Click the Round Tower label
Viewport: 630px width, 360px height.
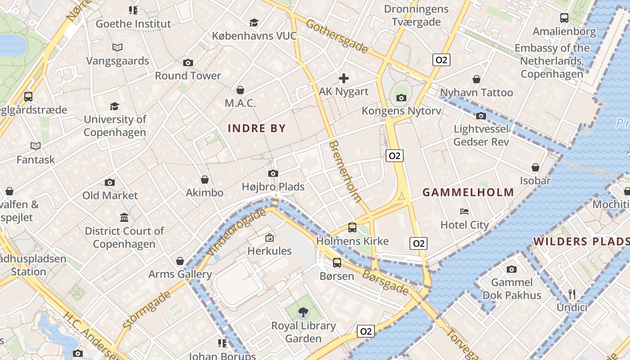pyautogui.click(x=188, y=76)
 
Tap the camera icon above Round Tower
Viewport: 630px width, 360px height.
pyautogui.click(x=188, y=63)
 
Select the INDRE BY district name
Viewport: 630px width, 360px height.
pyautogui.click(x=257, y=128)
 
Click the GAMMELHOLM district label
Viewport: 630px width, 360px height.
pyautogui.click(x=468, y=193)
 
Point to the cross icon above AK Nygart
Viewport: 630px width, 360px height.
pyautogui.click(x=343, y=78)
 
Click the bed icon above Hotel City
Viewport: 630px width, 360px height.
pyautogui.click(x=464, y=211)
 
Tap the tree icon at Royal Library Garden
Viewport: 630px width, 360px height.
pyautogui.click(x=303, y=312)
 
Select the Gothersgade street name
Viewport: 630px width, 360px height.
pyautogui.click(x=337, y=36)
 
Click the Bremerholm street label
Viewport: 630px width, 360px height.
pyautogui.click(x=346, y=171)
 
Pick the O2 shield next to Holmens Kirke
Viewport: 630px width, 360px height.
pyautogui.click(x=418, y=243)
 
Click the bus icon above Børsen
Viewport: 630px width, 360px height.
pyautogui.click(x=337, y=262)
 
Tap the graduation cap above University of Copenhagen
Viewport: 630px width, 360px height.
pyautogui.click(x=115, y=106)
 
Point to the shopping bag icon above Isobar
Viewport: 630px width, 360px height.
pyautogui.click(x=535, y=167)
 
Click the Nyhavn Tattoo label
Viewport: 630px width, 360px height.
pyautogui.click(x=477, y=93)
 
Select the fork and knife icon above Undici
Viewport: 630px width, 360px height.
pyautogui.click(x=572, y=294)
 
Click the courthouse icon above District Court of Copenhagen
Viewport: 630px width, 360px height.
pyautogui.click(x=124, y=218)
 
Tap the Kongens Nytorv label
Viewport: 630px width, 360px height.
pyautogui.click(x=401, y=111)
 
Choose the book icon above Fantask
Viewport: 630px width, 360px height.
pyautogui.click(x=36, y=146)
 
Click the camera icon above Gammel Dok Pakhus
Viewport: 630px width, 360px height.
pyautogui.click(x=511, y=269)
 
